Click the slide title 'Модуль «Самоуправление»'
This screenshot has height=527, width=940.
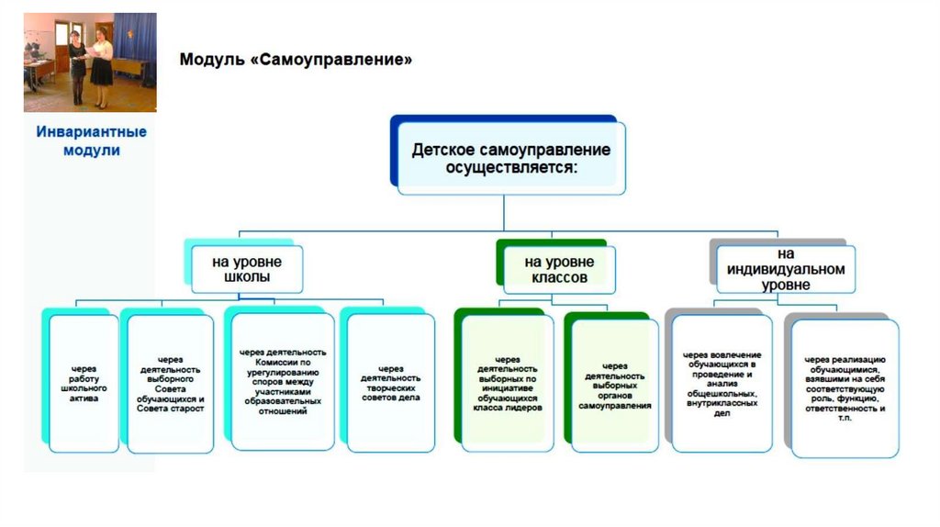pyautogui.click(x=295, y=61)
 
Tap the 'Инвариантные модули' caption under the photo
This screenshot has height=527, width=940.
pyautogui.click(x=91, y=140)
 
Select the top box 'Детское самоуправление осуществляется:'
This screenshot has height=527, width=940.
pyautogui.click(x=510, y=158)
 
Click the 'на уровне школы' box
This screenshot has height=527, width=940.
pyautogui.click(x=247, y=268)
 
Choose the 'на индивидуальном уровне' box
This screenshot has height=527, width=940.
pyautogui.click(x=785, y=268)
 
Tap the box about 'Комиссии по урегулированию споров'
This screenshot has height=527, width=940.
pyautogui.click(x=283, y=382)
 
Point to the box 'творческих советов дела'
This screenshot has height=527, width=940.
pyautogui.click(x=390, y=384)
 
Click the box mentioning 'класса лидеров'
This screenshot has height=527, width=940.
pyautogui.click(x=508, y=384)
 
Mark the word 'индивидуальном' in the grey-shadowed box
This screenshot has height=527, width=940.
pyautogui.click(x=785, y=269)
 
